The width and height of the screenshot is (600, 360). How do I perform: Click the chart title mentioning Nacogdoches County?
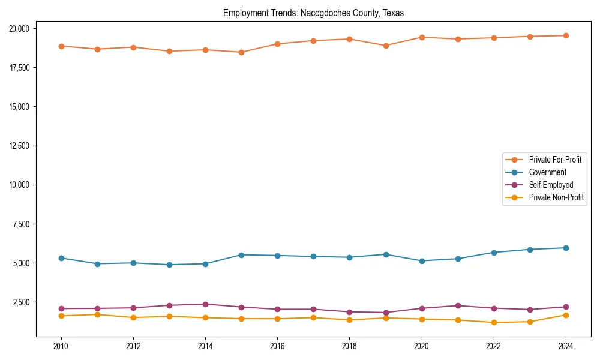click(313, 13)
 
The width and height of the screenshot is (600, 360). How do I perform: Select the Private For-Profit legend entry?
click(555, 160)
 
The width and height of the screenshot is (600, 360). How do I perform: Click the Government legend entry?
click(547, 172)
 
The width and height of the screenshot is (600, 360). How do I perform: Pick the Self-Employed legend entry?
click(551, 185)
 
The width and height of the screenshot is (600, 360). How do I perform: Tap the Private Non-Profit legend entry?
click(556, 197)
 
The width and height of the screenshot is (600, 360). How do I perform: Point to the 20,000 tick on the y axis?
click(23, 28)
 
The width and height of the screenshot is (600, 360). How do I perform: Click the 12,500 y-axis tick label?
click(23, 146)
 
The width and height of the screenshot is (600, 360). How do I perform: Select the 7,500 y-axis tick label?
click(25, 224)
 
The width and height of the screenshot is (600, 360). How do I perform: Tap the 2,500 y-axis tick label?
click(25, 302)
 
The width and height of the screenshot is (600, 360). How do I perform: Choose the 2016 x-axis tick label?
click(277, 346)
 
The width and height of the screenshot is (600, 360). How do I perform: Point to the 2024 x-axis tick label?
click(566, 346)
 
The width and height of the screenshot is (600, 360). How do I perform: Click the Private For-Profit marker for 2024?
click(566, 35)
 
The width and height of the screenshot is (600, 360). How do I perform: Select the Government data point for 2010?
click(61, 258)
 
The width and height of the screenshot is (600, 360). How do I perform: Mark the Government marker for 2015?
click(241, 255)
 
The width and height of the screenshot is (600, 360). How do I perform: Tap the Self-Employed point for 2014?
click(205, 304)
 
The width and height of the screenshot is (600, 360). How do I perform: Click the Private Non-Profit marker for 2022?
click(494, 322)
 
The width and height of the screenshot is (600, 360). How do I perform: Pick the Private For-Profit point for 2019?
click(386, 46)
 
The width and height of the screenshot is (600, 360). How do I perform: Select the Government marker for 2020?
click(422, 261)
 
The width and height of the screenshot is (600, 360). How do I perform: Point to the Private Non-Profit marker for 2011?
click(97, 314)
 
